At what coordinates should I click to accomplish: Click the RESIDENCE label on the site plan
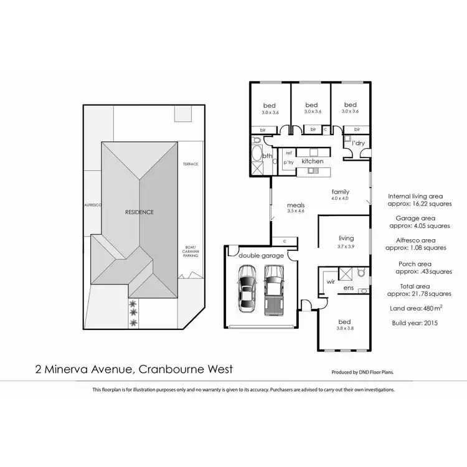pyautogui.click(x=139, y=212)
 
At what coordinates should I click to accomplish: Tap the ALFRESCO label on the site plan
pyautogui.click(x=93, y=204)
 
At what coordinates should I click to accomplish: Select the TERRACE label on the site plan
pyautogui.click(x=190, y=164)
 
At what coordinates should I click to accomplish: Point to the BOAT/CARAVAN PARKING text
pyautogui.click(x=191, y=250)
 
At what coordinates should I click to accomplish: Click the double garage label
pyautogui.click(x=260, y=256)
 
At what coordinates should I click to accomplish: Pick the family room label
pyautogui.click(x=340, y=192)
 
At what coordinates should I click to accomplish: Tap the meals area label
pyautogui.click(x=295, y=205)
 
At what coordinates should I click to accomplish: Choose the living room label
pyautogui.click(x=346, y=238)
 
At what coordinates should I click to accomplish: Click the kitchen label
pyautogui.click(x=312, y=161)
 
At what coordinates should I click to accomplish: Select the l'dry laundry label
pyautogui.click(x=357, y=144)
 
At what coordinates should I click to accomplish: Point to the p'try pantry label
pyautogui.click(x=289, y=162)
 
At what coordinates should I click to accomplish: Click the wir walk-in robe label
pyautogui.click(x=330, y=281)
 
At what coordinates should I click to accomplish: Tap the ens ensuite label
pyautogui.click(x=349, y=288)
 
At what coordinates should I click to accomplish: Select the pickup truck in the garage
pyautogui.click(x=273, y=290)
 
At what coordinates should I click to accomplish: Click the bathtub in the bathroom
pyautogui.click(x=257, y=156)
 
